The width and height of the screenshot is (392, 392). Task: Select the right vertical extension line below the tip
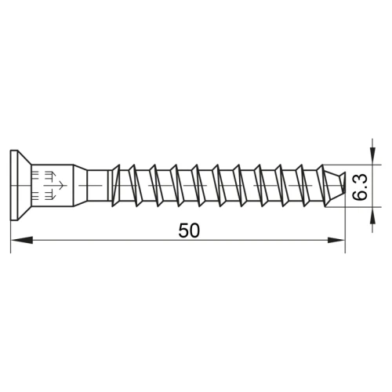pos(346,231)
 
